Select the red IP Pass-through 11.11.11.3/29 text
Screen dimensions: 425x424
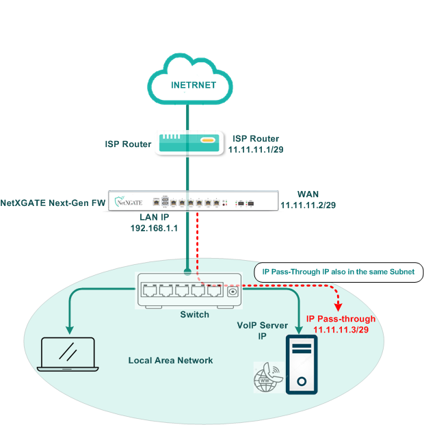[341, 324]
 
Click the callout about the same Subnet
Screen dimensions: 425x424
[339, 272]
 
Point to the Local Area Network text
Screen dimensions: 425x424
[171, 360]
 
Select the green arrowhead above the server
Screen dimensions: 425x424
[300, 327]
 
